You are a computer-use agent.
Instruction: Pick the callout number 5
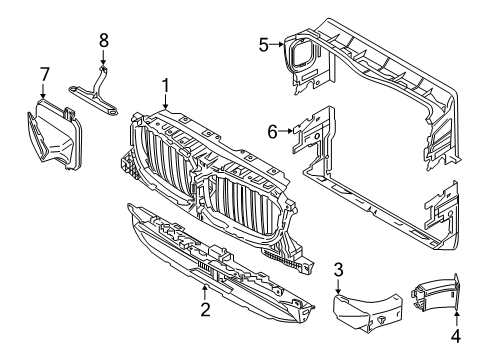264,44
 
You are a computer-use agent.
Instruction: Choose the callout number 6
272,129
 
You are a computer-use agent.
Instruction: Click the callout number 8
102,40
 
